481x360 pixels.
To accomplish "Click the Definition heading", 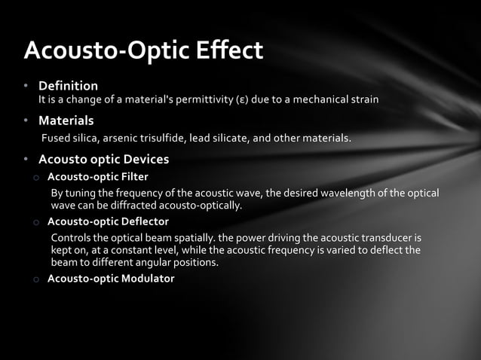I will tap(68, 86).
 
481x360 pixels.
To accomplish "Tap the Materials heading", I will tap(66, 121).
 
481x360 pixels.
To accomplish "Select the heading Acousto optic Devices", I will tap(103, 160).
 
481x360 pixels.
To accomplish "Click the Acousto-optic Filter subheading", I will tap(98, 178).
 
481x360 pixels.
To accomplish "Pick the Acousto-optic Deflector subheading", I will tap(108, 221).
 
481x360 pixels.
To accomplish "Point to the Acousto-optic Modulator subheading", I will tap(111, 279).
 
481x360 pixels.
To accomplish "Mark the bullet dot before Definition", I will tap(25, 86).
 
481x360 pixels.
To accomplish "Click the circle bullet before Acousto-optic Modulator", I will tap(35, 279).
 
